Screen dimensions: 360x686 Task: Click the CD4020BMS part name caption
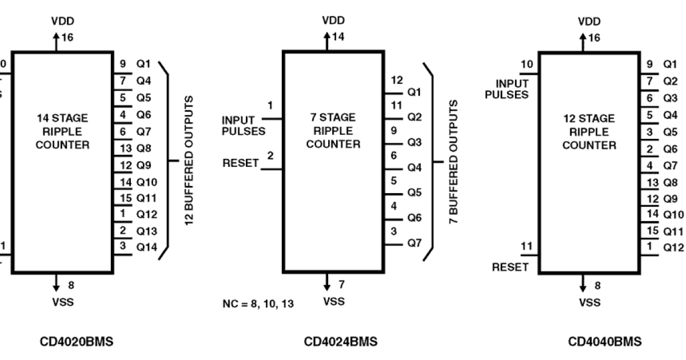(x=76, y=342)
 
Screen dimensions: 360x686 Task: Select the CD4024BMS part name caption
(x=340, y=342)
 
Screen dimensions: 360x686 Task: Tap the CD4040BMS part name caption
(x=604, y=342)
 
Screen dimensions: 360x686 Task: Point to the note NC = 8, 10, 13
(x=258, y=303)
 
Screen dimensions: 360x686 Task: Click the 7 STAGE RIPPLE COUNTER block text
(x=333, y=131)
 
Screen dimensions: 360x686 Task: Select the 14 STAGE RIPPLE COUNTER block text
(x=62, y=131)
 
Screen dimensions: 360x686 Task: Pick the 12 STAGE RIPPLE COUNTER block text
(x=589, y=132)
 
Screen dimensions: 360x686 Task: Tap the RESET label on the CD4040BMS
(x=510, y=267)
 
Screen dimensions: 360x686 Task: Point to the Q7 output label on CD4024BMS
(x=414, y=243)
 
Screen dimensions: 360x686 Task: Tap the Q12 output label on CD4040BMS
(x=673, y=247)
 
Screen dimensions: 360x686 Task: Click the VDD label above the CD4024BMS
(x=334, y=21)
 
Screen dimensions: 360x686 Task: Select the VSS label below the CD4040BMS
(x=589, y=302)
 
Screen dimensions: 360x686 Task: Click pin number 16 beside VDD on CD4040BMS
(x=595, y=38)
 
